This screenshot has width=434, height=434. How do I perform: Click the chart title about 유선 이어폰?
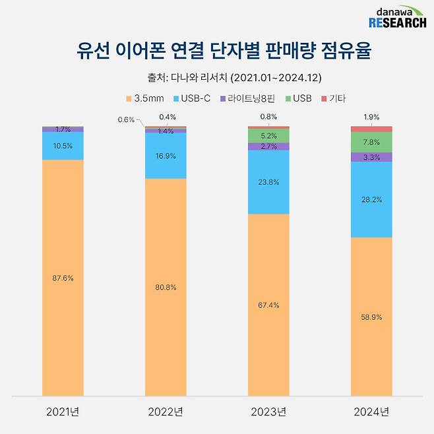coord(216,50)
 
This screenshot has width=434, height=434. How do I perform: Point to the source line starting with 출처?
coord(216,78)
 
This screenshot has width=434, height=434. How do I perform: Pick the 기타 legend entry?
coord(332,98)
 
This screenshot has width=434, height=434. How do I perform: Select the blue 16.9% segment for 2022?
coord(166,156)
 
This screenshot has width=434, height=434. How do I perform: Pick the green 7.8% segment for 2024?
coord(371,142)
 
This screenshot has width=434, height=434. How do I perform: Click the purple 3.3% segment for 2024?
coord(371,157)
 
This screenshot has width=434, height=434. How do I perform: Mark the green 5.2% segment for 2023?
coord(268,135)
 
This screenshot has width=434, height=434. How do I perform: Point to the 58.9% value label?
coord(371,317)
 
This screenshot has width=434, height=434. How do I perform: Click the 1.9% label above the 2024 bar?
coord(371,117)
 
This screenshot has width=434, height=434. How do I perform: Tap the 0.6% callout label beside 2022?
coord(126,119)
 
